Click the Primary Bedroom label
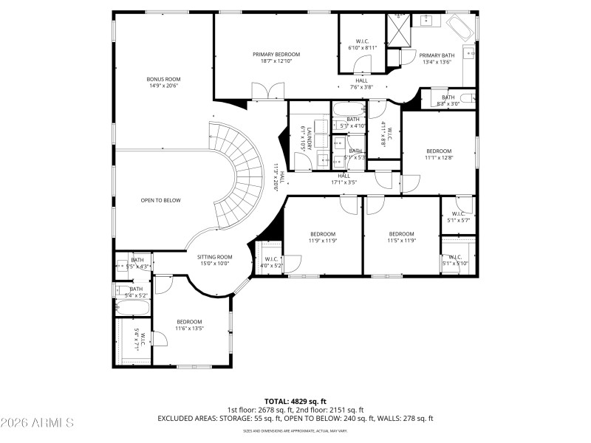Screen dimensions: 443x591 (276, 58)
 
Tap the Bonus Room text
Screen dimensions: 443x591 (163, 82)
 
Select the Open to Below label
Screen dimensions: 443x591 (160, 200)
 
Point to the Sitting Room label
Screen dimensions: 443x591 (214, 259)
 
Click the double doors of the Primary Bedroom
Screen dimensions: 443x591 (266, 92)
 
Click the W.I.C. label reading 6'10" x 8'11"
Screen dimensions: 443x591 (362, 44)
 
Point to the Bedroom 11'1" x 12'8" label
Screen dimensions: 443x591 (438, 154)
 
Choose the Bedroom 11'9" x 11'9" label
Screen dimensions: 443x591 (322, 237)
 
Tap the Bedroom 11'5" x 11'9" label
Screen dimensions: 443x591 (402, 237)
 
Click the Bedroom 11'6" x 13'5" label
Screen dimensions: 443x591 (189, 325)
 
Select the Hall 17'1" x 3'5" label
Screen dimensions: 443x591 (344, 179)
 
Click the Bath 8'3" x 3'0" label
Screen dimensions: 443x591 (448, 100)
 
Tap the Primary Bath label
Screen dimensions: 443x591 (437, 58)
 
